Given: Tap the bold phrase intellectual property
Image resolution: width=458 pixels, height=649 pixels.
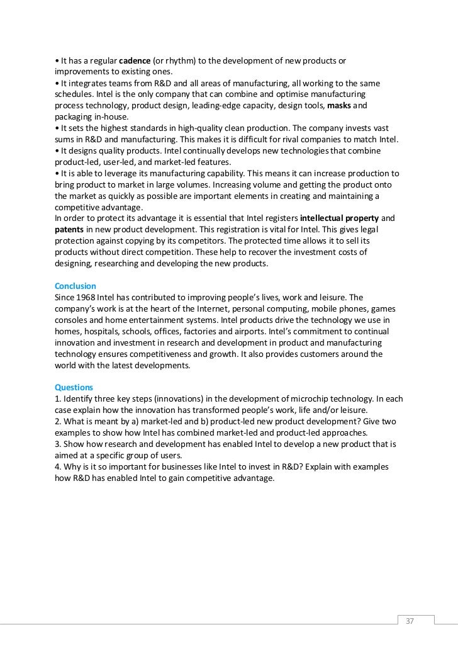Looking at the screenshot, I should point(341,218).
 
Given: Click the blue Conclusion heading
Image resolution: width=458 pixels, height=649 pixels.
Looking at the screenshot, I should point(75,286).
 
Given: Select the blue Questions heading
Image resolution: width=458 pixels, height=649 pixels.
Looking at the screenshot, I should point(74,387).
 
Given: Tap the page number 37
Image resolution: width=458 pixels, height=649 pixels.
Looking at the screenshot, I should point(410,603).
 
